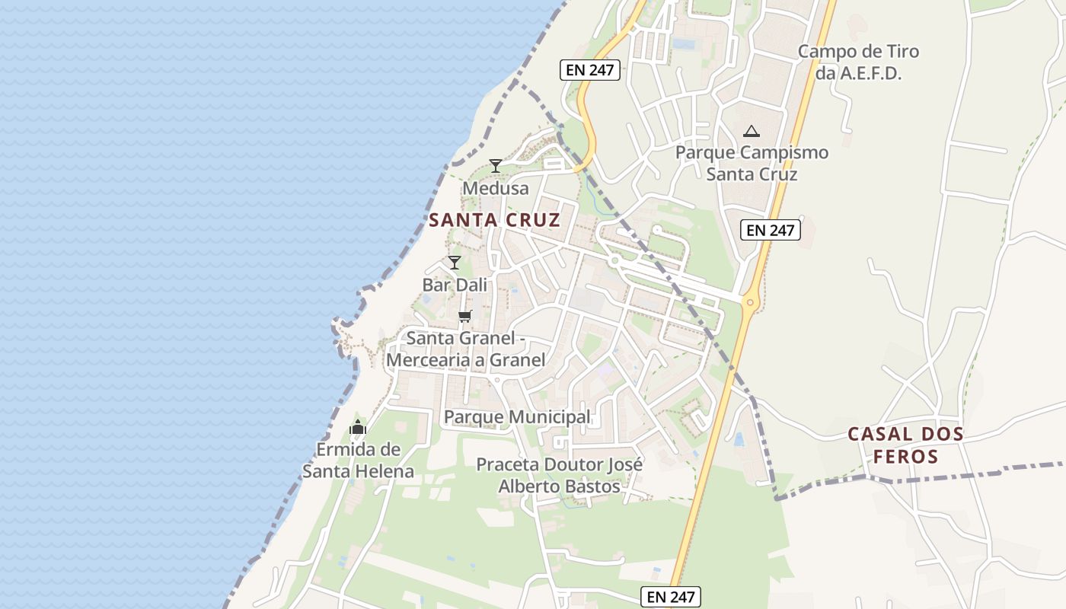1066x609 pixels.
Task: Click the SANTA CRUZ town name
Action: click(494, 221)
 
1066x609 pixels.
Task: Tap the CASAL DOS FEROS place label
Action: click(905, 445)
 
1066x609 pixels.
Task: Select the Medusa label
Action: click(495, 188)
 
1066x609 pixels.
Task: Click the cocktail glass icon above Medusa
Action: click(496, 165)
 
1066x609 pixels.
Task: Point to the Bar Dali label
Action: click(455, 285)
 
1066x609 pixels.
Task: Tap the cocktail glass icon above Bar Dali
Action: click(455, 263)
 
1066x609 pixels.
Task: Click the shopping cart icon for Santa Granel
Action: click(464, 316)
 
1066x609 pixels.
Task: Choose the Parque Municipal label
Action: click(517, 417)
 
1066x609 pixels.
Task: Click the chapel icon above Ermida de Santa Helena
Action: click(358, 428)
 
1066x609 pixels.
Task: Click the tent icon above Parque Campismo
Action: click(752, 131)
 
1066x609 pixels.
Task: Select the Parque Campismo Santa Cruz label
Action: click(752, 163)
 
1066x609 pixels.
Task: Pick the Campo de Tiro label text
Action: click(858, 52)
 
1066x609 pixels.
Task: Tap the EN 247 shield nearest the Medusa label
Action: click(591, 70)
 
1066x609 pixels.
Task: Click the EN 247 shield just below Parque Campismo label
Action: click(771, 230)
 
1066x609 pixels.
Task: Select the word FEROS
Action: click(905, 458)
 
